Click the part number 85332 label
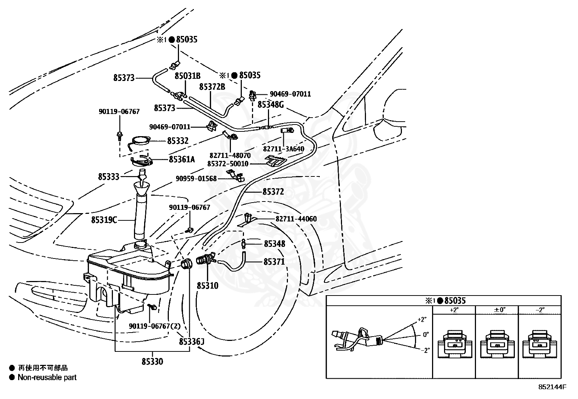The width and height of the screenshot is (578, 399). click(178, 141)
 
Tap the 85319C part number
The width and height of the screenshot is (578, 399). click(104, 220)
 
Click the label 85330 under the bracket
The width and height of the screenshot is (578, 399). click(152, 362)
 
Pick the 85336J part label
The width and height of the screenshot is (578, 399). click(192, 342)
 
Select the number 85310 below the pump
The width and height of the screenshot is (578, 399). click(207, 286)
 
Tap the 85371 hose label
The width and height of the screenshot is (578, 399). click(274, 262)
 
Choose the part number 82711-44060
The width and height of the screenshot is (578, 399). click(296, 219)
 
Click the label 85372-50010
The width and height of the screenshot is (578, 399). click(228, 164)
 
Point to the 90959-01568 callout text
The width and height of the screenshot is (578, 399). click(196, 179)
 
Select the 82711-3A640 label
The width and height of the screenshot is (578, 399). click(284, 149)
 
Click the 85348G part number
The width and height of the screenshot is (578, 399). click(271, 105)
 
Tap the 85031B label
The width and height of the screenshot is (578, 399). click(188, 76)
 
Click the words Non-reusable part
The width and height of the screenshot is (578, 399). click(47, 378)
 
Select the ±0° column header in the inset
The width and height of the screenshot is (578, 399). click(500, 310)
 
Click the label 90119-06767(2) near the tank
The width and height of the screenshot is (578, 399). click(155, 326)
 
